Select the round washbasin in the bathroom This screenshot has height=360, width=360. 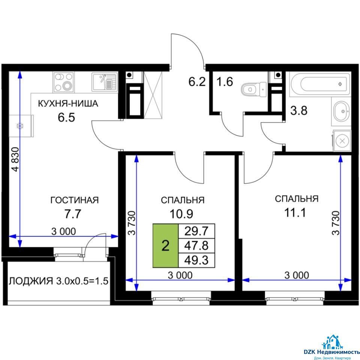coord(342,111)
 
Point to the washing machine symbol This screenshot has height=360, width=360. coord(342,141)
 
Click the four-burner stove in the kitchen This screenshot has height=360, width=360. coord(64,82)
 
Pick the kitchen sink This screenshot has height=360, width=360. coord(104,82)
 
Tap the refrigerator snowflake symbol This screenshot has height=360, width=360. coord(20,126)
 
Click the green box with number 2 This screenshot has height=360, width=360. coord(165,246)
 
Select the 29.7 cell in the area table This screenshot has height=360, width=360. coord(196,231)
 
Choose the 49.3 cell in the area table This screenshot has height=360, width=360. coord(196,260)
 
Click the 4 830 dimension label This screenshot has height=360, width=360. coord(16,159)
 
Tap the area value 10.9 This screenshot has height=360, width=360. coord(181,214)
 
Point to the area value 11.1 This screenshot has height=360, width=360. coord(295,213)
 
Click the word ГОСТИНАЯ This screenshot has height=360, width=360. coord(74,200)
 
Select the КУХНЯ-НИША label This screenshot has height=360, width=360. coord(68,103)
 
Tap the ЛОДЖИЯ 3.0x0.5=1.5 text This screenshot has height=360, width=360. coord(58,281)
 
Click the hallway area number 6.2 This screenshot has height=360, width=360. coord(197,82)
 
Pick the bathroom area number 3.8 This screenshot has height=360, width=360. coord(299,110)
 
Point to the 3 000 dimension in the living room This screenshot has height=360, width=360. coord(64,231)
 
